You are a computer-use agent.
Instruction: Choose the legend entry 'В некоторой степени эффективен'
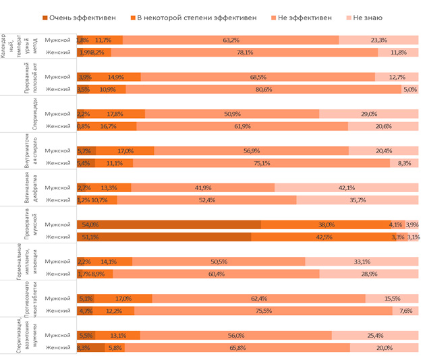(196, 17)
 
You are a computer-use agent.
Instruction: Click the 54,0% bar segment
(169, 224)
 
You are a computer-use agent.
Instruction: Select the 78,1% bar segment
(249, 52)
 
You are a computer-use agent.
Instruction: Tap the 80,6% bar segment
(265, 89)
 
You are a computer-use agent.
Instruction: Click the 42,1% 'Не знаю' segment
(347, 187)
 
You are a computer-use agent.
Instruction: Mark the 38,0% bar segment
(327, 224)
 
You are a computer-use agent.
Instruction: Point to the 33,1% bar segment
(362, 262)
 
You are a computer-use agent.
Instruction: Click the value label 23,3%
(378, 40)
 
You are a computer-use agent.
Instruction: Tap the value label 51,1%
(90, 237)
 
